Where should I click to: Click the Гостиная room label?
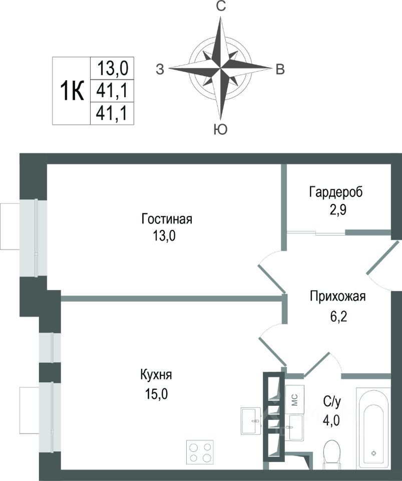pyautogui.click(x=167, y=219)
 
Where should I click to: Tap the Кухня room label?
pyautogui.click(x=156, y=375)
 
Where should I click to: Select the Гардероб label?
pyautogui.click(x=336, y=192)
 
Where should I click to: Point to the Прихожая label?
pyautogui.click(x=338, y=297)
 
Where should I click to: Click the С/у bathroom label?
pyautogui.click(x=332, y=401)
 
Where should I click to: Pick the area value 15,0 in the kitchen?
pyautogui.click(x=156, y=394)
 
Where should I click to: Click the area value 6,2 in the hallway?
pyautogui.click(x=338, y=316)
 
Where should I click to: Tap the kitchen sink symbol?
pyautogui.click(x=251, y=420)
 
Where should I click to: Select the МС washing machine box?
pyautogui.click(x=295, y=400)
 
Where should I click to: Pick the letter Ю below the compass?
pyautogui.click(x=221, y=130)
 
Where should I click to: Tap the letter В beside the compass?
pyautogui.click(x=280, y=70)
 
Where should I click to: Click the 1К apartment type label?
pyautogui.click(x=72, y=91)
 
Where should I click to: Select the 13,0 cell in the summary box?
pyautogui.click(x=113, y=68)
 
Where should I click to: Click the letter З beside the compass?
pyautogui.click(x=160, y=70)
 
